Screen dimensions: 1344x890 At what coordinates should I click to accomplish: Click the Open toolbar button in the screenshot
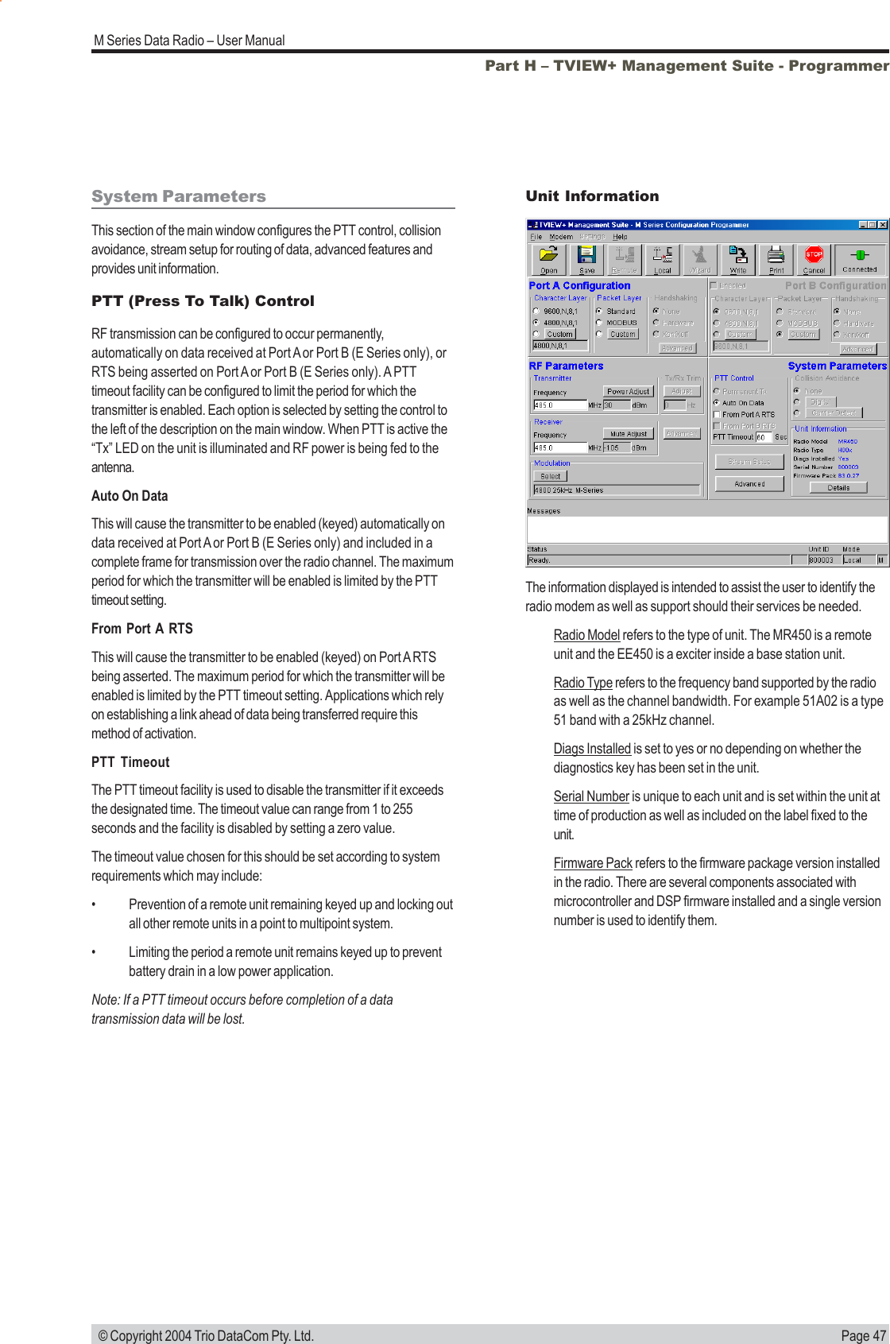click(x=548, y=259)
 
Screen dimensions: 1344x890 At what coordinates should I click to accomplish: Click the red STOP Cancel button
click(x=814, y=259)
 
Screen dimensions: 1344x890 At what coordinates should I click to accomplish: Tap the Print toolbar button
click(x=776, y=259)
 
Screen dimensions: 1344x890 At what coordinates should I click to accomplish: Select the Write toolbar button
click(x=738, y=259)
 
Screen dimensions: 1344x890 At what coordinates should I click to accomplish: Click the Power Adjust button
click(x=628, y=391)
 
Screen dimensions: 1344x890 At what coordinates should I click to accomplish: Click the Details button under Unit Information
click(x=838, y=488)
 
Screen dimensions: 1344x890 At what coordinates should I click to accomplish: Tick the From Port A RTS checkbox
click(x=717, y=414)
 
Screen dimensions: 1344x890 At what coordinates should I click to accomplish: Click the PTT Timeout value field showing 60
click(x=763, y=437)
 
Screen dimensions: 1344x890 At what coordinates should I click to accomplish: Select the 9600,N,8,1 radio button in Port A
click(x=536, y=312)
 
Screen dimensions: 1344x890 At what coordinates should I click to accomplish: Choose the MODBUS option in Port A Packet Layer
click(x=599, y=323)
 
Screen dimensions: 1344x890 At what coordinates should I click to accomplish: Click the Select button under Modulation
click(x=550, y=476)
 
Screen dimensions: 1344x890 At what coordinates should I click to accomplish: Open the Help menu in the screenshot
click(x=620, y=237)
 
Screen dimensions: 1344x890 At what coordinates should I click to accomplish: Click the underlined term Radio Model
click(x=586, y=635)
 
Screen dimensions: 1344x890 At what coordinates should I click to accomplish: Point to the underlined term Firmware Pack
click(x=593, y=863)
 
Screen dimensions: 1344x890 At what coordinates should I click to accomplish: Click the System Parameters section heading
click(x=179, y=196)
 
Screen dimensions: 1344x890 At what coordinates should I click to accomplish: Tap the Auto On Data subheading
click(x=130, y=496)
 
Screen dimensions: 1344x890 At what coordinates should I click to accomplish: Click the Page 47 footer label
click(x=863, y=1336)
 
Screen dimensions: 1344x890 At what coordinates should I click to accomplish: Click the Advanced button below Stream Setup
click(x=749, y=483)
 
